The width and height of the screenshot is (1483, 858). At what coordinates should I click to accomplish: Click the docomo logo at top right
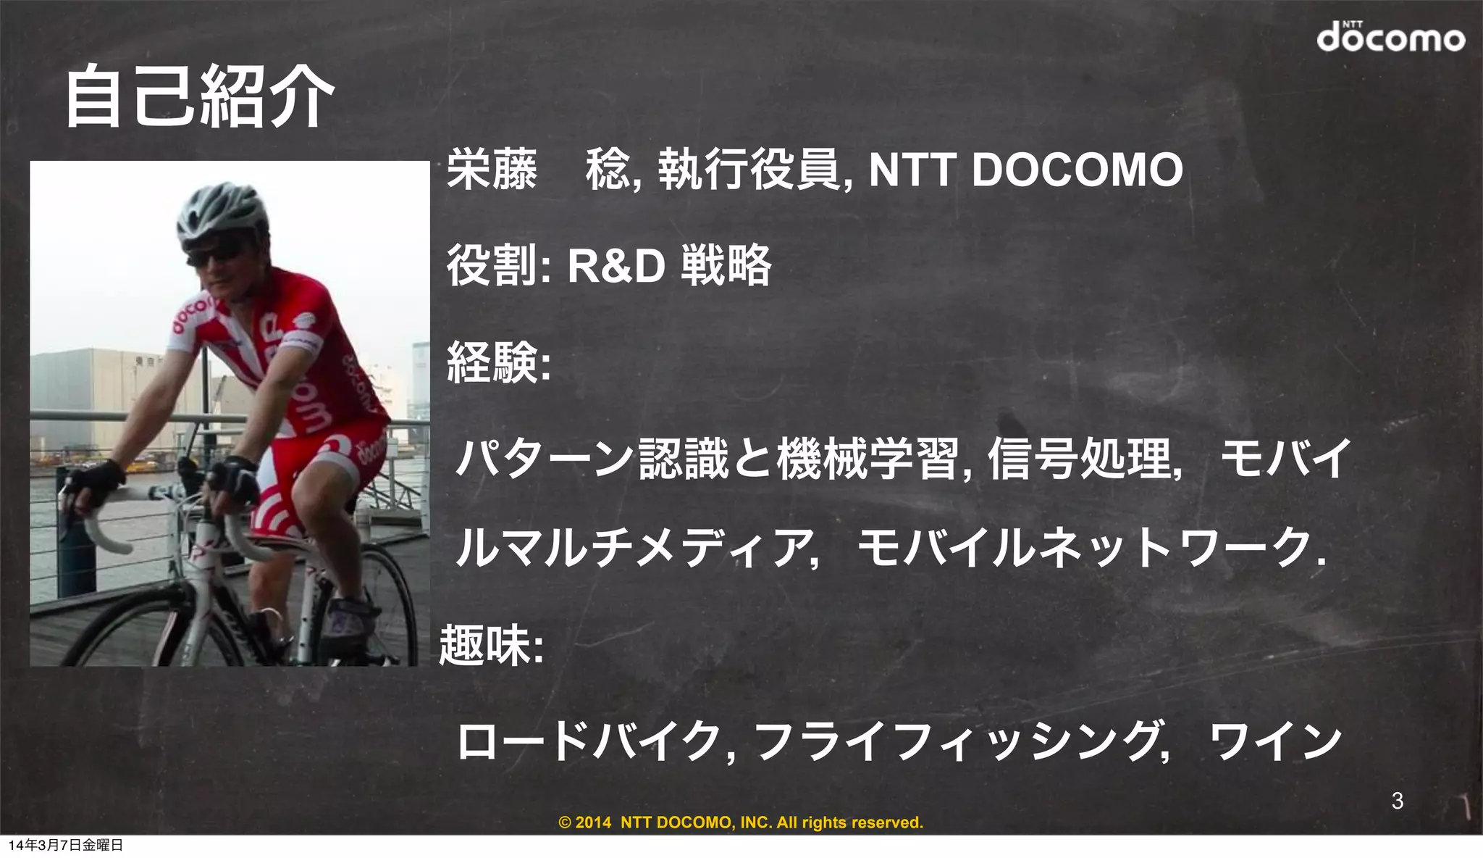(1390, 37)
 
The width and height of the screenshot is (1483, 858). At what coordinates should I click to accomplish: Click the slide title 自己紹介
(199, 96)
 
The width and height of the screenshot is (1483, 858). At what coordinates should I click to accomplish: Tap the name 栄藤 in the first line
(492, 170)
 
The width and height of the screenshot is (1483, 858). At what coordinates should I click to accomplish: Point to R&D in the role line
(616, 265)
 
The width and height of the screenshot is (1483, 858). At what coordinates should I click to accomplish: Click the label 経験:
(498, 362)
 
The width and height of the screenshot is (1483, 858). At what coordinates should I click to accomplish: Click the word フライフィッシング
(956, 741)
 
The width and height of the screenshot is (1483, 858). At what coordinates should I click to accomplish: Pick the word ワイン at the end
(1277, 741)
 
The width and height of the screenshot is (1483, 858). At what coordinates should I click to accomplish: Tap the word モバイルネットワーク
(1086, 548)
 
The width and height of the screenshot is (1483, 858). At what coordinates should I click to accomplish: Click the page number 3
(1397, 801)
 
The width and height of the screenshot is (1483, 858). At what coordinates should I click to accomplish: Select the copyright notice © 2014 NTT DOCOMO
(741, 822)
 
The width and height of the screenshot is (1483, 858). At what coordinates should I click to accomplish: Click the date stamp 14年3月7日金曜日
(65, 845)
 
